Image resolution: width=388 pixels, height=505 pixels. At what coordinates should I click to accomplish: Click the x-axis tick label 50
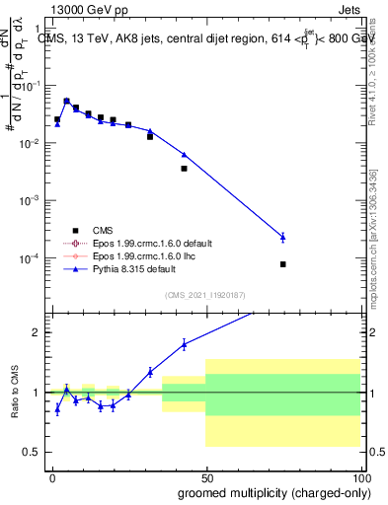205,476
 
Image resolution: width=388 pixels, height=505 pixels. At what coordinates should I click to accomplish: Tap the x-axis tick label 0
52,476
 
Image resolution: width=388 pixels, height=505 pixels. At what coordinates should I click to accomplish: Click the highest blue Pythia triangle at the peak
67,101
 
